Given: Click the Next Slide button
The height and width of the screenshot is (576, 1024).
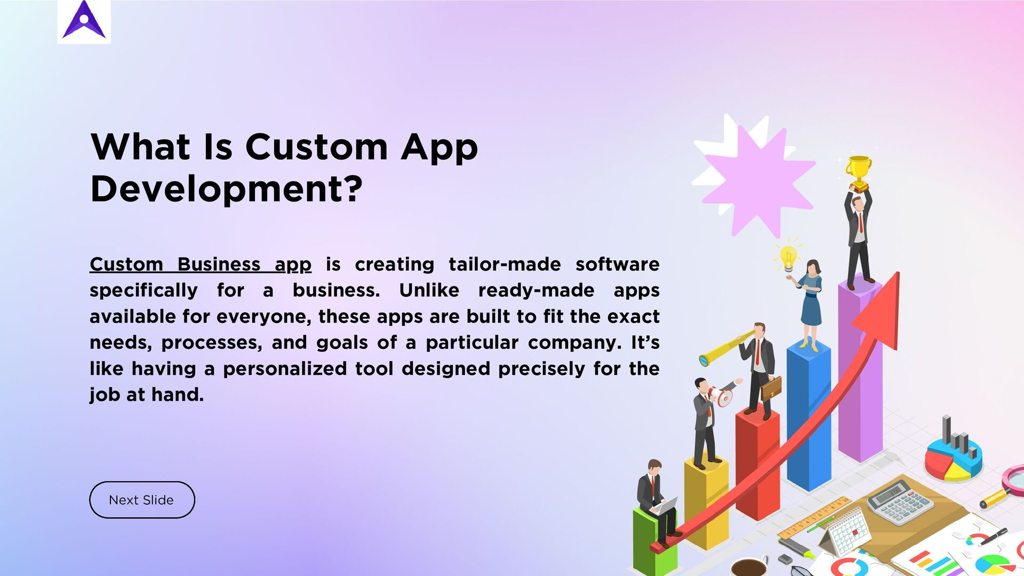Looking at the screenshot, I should [x=142, y=500].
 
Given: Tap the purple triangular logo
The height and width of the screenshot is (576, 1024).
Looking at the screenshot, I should [x=84, y=21].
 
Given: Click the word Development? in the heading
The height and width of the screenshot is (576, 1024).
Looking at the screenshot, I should [x=227, y=189].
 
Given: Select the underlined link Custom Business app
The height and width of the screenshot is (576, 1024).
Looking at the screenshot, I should [x=201, y=265].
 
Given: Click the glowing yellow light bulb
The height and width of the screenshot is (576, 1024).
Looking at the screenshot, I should [x=788, y=259].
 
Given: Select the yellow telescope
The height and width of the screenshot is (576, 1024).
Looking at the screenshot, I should [x=725, y=349].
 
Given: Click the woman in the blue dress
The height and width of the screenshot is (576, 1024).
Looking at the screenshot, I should [x=811, y=301].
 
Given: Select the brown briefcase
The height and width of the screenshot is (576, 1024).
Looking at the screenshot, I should [x=771, y=388].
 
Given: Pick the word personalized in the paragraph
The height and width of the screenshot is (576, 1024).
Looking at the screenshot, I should [x=285, y=369].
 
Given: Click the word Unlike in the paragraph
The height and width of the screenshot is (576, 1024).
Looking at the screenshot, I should [x=429, y=291].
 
